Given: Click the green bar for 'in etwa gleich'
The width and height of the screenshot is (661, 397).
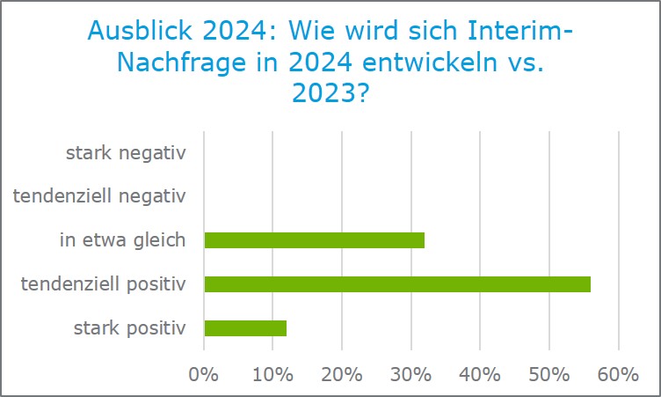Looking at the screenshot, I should click(x=314, y=240).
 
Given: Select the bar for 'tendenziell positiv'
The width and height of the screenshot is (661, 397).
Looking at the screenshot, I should click(x=397, y=284).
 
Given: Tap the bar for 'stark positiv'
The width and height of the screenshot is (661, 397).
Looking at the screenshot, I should click(x=245, y=328).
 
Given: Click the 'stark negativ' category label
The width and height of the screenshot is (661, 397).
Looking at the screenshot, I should click(x=126, y=153).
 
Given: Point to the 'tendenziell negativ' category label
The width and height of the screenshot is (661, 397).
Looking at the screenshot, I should click(x=99, y=196).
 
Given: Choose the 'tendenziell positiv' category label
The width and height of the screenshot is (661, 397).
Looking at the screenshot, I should click(x=103, y=284).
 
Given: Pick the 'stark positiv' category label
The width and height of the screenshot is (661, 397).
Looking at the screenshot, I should click(x=130, y=328).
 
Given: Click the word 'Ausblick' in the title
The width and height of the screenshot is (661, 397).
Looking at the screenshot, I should click(x=141, y=33).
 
